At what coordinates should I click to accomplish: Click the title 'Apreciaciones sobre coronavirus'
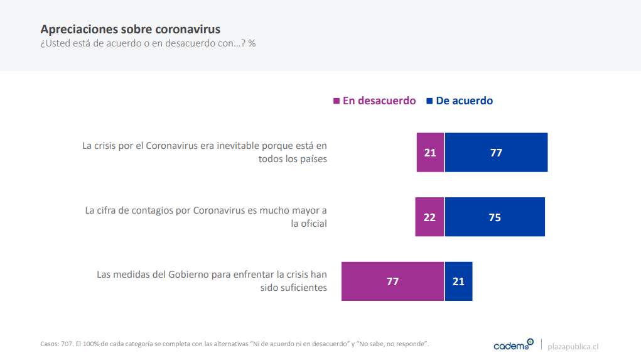point(130,30)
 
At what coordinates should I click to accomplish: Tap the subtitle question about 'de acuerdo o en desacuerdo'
point(148,44)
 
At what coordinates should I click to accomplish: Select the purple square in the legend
point(337,101)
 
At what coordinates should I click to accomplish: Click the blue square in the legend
point(429,101)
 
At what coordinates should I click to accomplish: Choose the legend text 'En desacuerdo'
point(379,101)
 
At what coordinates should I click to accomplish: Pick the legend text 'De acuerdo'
point(465,101)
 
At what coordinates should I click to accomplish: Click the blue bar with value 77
point(496,152)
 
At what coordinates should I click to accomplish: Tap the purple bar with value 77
point(392,281)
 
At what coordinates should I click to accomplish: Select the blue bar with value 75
point(495,217)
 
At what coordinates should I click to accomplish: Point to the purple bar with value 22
point(429,217)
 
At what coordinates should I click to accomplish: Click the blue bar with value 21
point(458,281)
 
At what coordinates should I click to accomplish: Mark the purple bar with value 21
point(430,152)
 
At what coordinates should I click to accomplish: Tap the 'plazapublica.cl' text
point(573,346)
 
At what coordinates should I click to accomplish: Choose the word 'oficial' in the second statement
point(312,223)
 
